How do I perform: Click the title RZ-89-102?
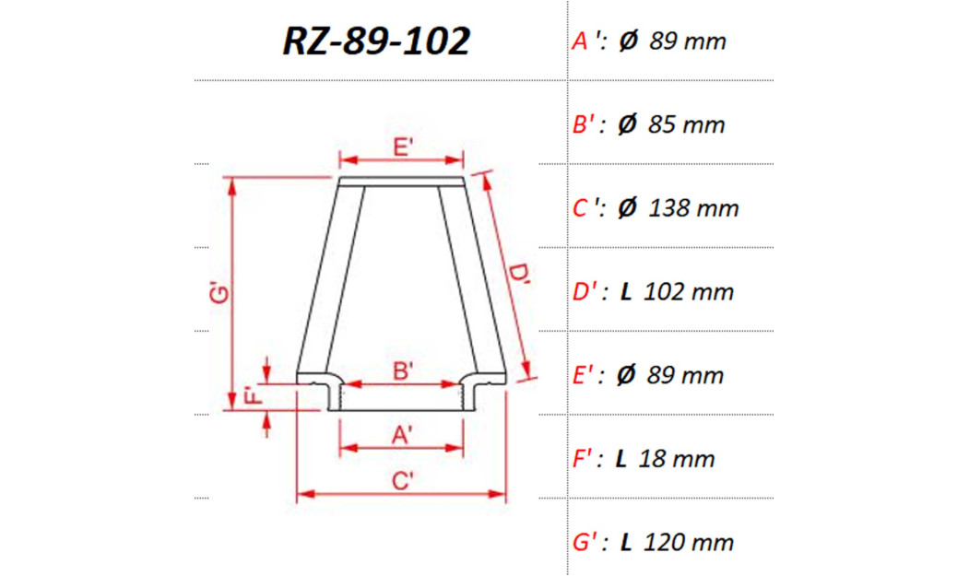click(376, 41)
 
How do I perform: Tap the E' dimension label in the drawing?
click(402, 147)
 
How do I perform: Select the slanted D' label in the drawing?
click(519, 277)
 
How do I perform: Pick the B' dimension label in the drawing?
click(402, 371)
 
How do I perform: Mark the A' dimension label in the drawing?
click(402, 437)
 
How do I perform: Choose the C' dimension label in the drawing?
click(402, 481)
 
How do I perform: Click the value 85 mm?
click(687, 124)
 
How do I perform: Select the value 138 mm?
click(693, 208)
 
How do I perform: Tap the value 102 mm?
click(690, 292)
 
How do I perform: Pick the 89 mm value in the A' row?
click(688, 41)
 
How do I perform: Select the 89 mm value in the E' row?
click(687, 375)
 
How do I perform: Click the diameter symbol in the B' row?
click(627, 124)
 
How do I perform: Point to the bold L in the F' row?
click(622, 458)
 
